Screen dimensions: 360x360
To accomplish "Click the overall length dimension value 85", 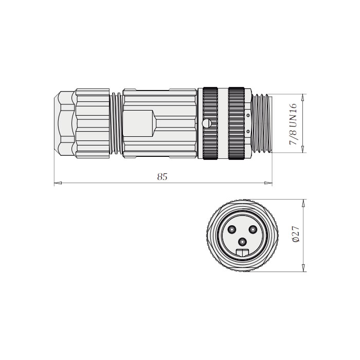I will (163, 177).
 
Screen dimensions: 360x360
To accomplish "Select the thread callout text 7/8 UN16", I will (294, 123).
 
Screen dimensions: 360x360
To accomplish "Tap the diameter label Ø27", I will (295, 235).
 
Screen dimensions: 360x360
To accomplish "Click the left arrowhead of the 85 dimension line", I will (57, 183).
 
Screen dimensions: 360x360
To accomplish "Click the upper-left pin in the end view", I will (232, 229).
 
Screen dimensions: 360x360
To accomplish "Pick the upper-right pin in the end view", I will (253, 229).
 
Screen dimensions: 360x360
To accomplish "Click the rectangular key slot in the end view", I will (242, 252).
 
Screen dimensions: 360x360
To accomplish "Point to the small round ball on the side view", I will (207, 123).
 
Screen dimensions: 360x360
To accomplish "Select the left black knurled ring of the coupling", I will (210, 123).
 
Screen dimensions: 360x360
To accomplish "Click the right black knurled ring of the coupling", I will (237, 123).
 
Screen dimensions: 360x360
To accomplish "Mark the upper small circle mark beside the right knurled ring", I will (249, 116).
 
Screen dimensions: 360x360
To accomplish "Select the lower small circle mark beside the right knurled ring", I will (249, 132).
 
